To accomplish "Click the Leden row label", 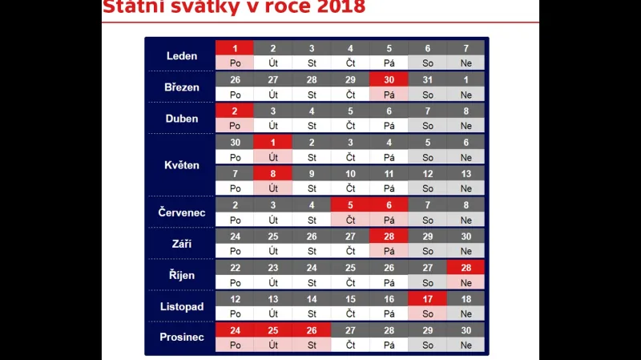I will tap(181, 56).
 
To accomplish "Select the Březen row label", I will tap(181, 87).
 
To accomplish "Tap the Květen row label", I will tap(181, 165).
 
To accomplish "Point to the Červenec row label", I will tap(181, 212).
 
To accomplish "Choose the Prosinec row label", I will tap(181, 338).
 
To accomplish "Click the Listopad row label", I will tap(181, 306).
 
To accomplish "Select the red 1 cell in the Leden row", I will tap(235, 48).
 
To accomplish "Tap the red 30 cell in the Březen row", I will tap(389, 79).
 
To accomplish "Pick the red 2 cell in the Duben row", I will tap(235, 111).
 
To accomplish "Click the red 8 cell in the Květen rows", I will tap(273, 173).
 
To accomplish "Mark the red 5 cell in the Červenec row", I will tap(350, 204).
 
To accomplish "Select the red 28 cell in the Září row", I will tap(389, 237).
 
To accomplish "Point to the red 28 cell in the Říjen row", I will tap(466, 267).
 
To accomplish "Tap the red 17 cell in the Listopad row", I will tap(427, 298).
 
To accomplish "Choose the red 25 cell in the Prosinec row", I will tap(273, 330).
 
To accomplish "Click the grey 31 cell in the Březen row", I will tap(427, 79).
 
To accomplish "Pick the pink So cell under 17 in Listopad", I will tap(427, 313).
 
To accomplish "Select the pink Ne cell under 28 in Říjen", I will tap(466, 282).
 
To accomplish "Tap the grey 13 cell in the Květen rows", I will tap(466, 173).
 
